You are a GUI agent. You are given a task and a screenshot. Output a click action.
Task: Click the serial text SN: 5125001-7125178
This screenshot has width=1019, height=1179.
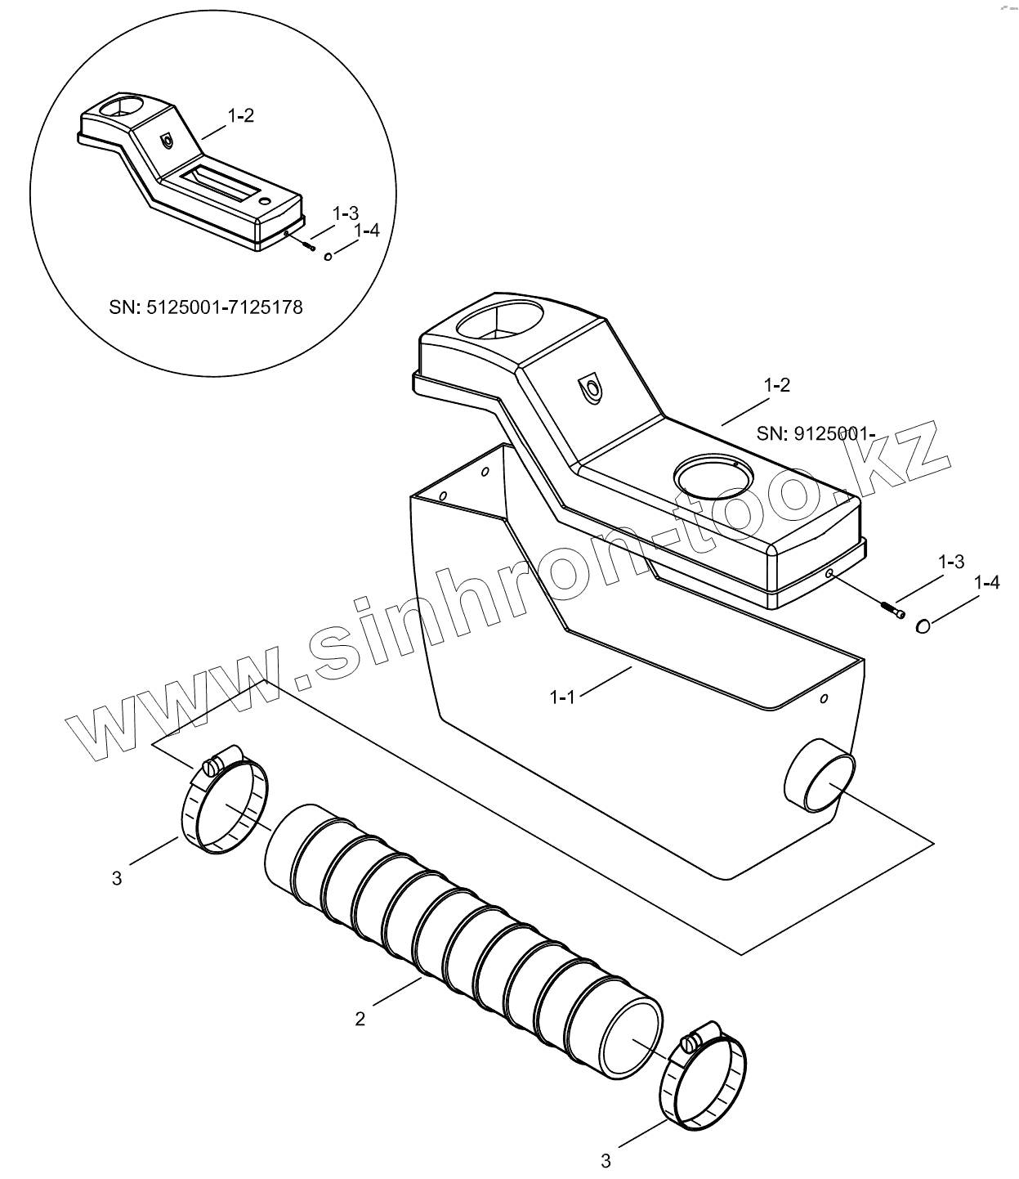pyautogui.click(x=205, y=307)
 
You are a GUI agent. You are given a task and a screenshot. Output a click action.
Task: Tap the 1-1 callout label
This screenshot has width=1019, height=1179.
pyautogui.click(x=564, y=697)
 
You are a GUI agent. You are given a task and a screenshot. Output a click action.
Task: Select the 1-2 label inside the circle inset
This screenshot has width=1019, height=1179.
pyautogui.click(x=240, y=116)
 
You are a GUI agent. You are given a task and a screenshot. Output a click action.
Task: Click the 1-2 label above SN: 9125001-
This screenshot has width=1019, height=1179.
pyautogui.click(x=776, y=385)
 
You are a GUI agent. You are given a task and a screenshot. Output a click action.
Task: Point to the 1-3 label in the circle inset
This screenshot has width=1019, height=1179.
pyautogui.click(x=345, y=213)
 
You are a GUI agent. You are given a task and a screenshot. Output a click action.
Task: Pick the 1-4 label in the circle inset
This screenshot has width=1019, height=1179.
pyautogui.click(x=367, y=231)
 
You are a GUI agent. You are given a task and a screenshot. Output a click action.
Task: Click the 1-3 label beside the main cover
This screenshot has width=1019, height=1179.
pyautogui.click(x=951, y=562)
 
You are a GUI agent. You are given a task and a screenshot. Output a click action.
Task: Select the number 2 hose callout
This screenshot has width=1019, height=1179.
pyautogui.click(x=360, y=1019)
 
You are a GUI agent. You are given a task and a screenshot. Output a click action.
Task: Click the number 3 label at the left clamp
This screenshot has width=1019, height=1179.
pyautogui.click(x=117, y=878)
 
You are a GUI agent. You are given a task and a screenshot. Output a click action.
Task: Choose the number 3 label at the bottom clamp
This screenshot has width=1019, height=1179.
pyautogui.click(x=606, y=1159)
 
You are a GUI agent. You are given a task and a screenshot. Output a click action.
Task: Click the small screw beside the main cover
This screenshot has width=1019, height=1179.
pyautogui.click(x=892, y=610)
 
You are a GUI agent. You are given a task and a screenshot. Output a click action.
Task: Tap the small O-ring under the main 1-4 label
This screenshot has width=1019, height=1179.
pyautogui.click(x=923, y=626)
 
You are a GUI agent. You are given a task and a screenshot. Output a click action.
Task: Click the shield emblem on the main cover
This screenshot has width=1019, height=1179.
pyautogui.click(x=592, y=388)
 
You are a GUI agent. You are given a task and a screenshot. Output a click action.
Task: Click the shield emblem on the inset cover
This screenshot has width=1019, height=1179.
pyautogui.click(x=168, y=141)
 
